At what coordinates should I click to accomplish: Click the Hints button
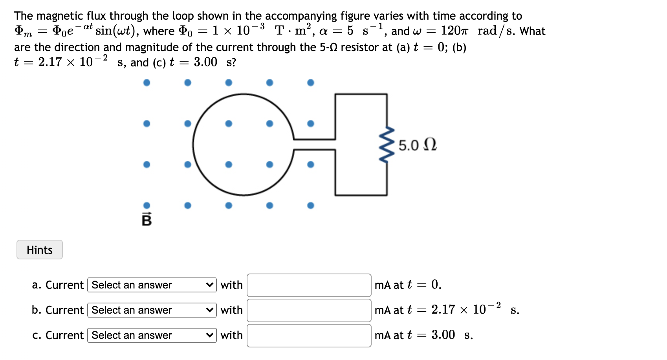(39, 250)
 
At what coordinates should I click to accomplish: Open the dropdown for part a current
(152, 285)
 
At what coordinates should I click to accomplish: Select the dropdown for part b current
(152, 310)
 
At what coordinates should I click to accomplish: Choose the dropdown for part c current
(152, 335)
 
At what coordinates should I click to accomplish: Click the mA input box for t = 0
(309, 285)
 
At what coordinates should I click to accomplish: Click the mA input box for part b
(309, 310)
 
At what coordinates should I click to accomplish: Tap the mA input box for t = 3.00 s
(309, 335)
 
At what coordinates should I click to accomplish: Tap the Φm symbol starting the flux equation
(23, 31)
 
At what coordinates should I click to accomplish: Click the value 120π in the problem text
(454, 31)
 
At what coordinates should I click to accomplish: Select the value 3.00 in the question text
(205, 62)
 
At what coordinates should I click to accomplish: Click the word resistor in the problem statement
(366, 47)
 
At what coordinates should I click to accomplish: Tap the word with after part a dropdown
(231, 285)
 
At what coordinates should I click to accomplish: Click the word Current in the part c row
(64, 335)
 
